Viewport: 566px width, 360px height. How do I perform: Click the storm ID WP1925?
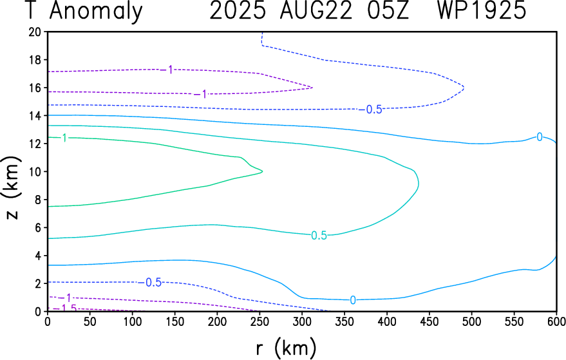pyautogui.click(x=488, y=11)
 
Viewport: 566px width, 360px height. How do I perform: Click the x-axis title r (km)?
pyautogui.click(x=286, y=348)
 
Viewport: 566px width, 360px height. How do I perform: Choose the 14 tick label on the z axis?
pyautogui.click(x=35, y=115)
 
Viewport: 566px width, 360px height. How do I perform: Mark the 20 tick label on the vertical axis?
pyautogui.click(x=35, y=32)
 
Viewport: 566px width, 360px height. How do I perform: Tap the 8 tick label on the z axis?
pyautogui.click(x=38, y=199)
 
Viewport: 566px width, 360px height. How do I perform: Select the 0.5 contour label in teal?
pyautogui.click(x=319, y=236)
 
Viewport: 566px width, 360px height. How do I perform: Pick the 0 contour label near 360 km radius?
pyautogui.click(x=353, y=300)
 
